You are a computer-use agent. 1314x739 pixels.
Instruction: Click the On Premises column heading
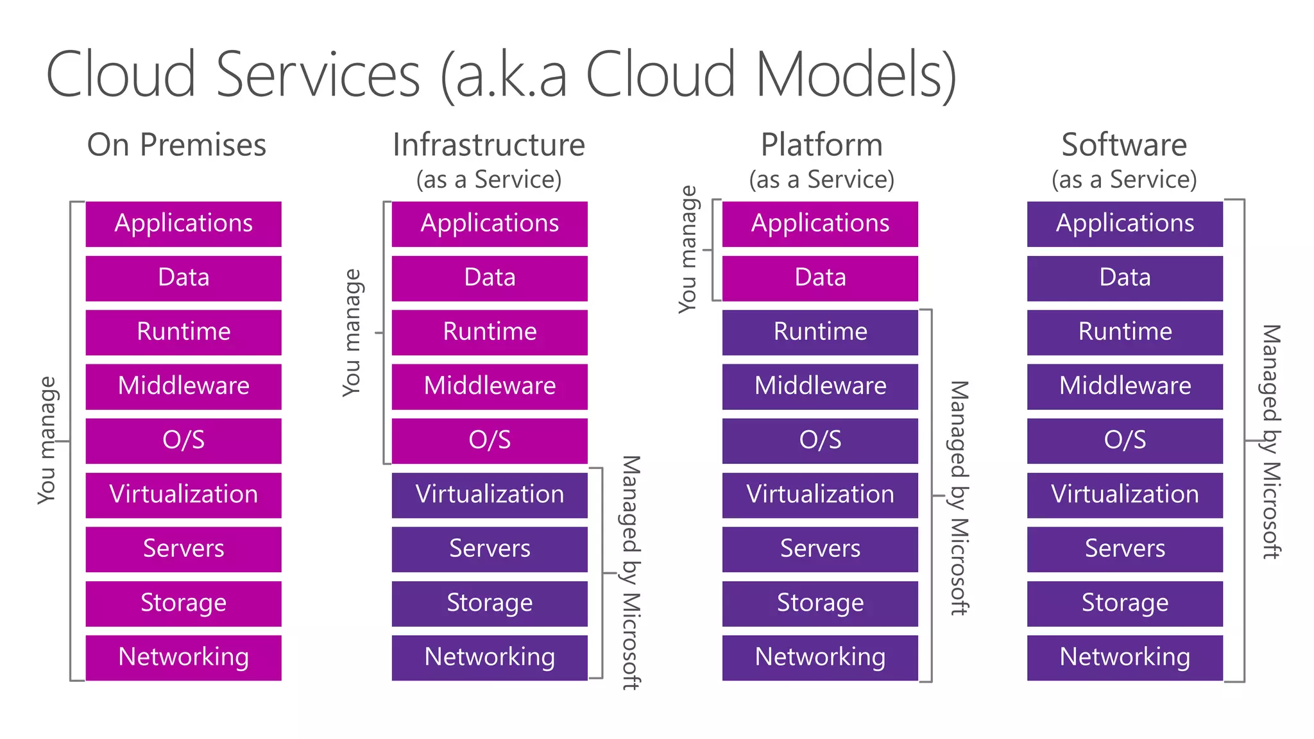pos(176,145)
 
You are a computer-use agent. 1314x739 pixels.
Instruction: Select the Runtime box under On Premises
pos(183,332)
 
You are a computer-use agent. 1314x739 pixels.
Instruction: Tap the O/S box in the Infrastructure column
pos(490,441)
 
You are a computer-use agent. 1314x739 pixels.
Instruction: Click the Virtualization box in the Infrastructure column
pos(490,495)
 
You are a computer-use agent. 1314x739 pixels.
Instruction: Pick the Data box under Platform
pos(820,278)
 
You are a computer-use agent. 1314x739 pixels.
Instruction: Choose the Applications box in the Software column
pos(1125,224)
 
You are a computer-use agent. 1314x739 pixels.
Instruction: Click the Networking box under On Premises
pos(183,658)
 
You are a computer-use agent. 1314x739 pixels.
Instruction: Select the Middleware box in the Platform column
pos(820,386)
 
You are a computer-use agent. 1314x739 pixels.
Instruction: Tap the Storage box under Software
pos(1125,603)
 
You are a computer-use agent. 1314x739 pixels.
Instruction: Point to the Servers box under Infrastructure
pos(490,549)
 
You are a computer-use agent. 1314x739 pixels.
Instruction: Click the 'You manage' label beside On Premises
pos(47,441)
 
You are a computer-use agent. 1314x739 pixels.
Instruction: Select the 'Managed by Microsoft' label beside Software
pos(1271,441)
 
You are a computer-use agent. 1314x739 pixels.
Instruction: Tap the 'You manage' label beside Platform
pos(688,249)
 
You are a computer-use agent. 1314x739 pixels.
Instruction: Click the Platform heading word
pos(821,145)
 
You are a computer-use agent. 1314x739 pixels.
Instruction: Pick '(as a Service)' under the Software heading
pos(1124,180)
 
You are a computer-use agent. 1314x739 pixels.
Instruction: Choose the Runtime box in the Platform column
pos(820,332)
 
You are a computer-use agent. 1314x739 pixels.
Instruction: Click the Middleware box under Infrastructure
pos(490,386)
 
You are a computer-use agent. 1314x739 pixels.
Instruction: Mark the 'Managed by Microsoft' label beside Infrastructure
pos(631,572)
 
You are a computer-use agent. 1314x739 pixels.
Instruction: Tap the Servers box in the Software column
pos(1125,549)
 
